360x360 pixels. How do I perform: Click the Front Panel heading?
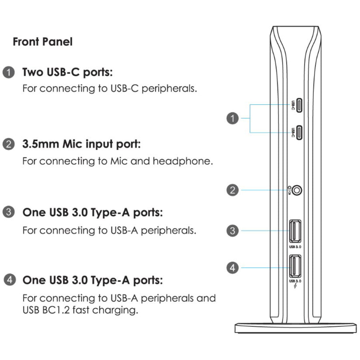click(42, 42)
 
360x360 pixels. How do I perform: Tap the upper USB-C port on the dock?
click(299, 105)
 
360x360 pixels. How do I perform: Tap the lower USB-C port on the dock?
click(299, 131)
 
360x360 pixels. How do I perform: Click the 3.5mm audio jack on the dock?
click(296, 190)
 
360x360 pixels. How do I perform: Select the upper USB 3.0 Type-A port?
click(295, 231)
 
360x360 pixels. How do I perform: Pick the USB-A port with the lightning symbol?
click(295, 265)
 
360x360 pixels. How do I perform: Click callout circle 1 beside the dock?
click(232, 118)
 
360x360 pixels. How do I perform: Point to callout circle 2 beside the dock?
click(232, 190)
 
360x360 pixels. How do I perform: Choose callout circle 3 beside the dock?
click(232, 230)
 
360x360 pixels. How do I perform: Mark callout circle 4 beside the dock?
click(232, 267)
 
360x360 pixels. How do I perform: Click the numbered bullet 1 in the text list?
click(9, 73)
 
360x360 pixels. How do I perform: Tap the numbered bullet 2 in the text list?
click(9, 144)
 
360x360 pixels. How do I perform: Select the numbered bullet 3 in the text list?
click(9, 212)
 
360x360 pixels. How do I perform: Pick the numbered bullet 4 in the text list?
click(9, 280)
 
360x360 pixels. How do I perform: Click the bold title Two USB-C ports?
click(68, 73)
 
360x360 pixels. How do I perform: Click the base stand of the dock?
click(296, 328)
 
